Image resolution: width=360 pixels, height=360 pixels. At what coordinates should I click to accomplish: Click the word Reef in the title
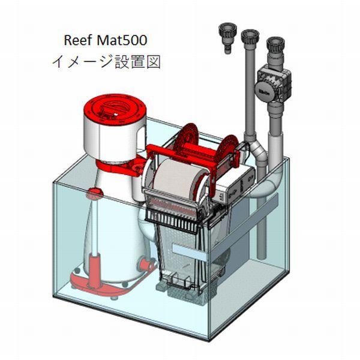[x=77, y=40]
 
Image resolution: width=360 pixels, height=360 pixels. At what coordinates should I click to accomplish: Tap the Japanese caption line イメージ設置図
[x=106, y=62]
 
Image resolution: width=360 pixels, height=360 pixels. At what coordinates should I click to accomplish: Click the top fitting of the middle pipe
[x=248, y=37]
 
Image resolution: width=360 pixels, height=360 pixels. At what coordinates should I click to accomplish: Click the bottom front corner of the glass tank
[x=208, y=339]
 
